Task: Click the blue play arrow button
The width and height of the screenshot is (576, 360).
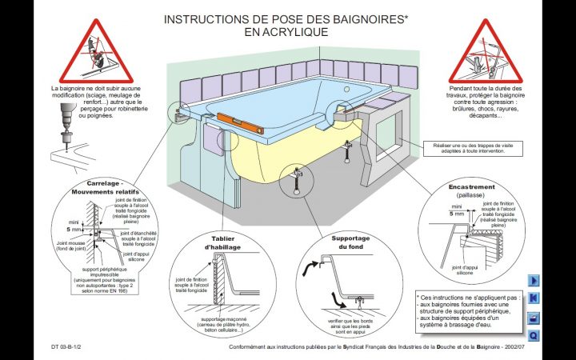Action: click(x=534, y=281)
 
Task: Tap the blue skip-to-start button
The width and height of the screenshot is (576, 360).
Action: click(x=534, y=299)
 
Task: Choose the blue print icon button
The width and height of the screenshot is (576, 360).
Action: click(x=534, y=318)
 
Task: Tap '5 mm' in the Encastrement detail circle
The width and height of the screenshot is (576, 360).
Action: click(x=457, y=214)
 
